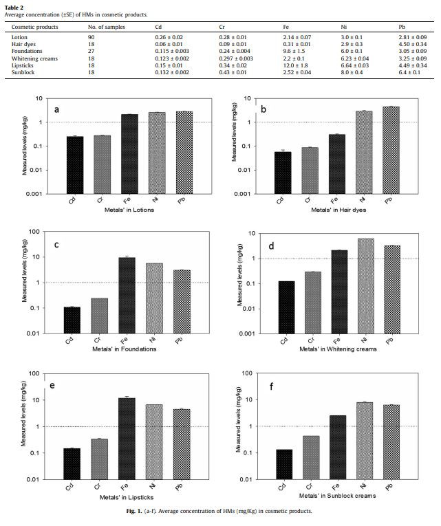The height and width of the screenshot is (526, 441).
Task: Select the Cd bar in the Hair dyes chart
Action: tap(279, 173)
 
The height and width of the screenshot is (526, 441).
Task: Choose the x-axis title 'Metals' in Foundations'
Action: tap(123, 349)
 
